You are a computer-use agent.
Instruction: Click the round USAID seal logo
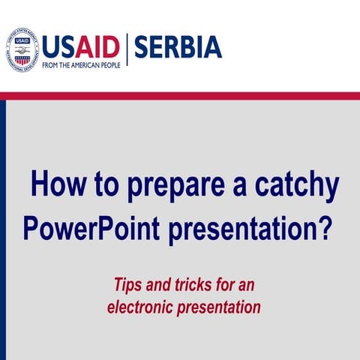(x=22, y=49)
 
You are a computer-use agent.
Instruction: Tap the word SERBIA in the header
(x=177, y=46)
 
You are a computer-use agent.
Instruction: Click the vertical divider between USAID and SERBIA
(x=127, y=49)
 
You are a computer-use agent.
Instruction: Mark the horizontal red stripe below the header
(x=180, y=95)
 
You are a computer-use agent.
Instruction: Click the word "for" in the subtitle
(x=221, y=285)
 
